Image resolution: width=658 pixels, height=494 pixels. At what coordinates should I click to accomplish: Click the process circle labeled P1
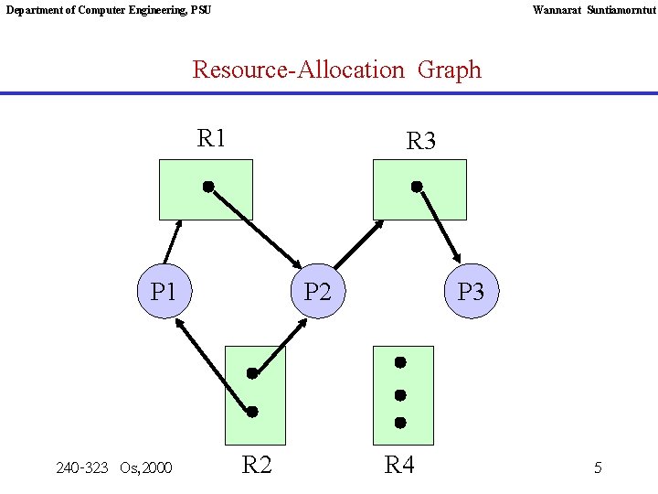coord(164,292)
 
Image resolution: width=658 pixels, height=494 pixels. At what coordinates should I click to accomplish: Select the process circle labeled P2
coord(317,292)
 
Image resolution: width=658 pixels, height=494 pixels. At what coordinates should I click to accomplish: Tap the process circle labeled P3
coord(471,292)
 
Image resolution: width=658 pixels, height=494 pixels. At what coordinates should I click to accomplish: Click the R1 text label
coord(211,139)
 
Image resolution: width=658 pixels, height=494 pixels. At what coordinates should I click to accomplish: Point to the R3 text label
coord(420,142)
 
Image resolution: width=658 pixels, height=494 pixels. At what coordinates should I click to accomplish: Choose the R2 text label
coord(257,465)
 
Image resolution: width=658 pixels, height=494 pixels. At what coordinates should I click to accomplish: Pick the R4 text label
coord(399,465)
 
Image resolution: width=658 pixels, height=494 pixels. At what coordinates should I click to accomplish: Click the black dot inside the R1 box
coord(208,187)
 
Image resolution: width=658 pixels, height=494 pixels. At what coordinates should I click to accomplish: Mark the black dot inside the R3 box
coord(417,187)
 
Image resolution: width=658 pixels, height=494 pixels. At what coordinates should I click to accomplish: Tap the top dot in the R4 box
coord(400,362)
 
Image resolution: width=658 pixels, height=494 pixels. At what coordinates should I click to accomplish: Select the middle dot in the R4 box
coord(400,395)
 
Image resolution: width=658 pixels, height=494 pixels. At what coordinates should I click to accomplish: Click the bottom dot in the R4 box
coord(400,423)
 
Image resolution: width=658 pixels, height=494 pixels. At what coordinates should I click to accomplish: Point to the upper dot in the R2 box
coord(252,373)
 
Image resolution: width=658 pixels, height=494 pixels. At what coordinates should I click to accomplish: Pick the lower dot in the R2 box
coord(252,412)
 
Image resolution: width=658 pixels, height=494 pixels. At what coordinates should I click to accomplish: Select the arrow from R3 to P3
coord(440,226)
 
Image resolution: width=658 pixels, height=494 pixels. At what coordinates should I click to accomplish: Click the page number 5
coord(598,468)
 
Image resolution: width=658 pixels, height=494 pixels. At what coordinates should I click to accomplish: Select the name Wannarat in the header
coord(557,10)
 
